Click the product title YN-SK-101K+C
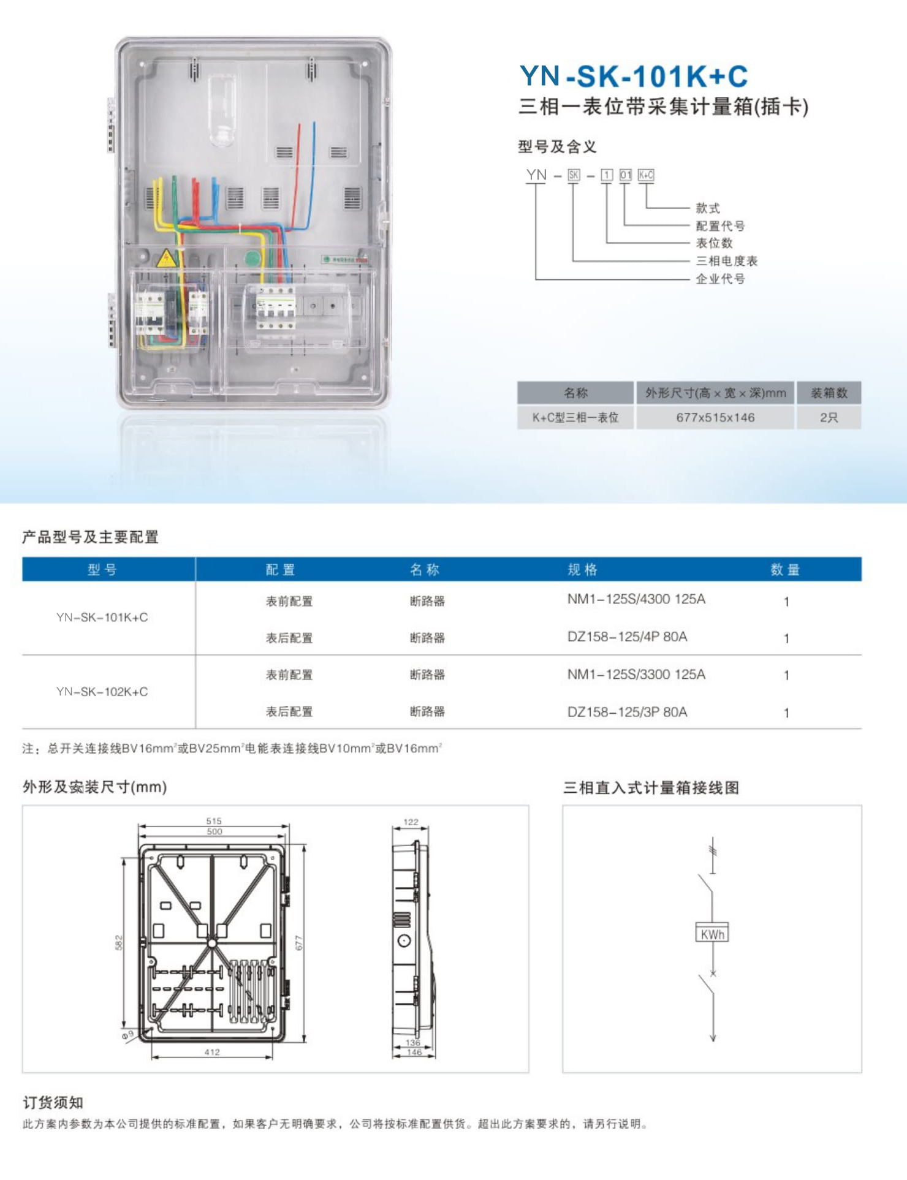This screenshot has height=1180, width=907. point(634,77)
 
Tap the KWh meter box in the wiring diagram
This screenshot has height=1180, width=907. point(712,932)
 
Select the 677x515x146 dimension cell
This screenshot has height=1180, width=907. point(715,418)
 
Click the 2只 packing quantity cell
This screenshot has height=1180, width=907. point(829,418)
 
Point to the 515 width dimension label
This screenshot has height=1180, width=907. point(214,821)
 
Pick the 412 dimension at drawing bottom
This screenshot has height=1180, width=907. point(212,1052)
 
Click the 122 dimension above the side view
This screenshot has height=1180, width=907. point(411,822)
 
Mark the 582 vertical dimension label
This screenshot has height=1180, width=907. point(119,942)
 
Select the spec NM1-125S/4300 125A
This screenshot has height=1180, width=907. point(636,599)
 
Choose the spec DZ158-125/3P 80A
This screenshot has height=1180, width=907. point(627,712)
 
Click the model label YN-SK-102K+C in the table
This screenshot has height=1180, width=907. point(102,692)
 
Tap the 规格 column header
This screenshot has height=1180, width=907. point(582,570)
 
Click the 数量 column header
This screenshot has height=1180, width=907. point(785,570)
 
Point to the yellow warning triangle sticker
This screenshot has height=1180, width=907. point(166,259)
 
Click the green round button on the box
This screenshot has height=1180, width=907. point(252,258)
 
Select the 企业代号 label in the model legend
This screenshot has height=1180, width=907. point(720,279)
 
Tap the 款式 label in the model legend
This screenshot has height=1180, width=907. point(708,208)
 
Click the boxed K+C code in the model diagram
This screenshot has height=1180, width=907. point(646,175)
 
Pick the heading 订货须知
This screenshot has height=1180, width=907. point(53,1103)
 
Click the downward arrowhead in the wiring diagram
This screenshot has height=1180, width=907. point(713,1037)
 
